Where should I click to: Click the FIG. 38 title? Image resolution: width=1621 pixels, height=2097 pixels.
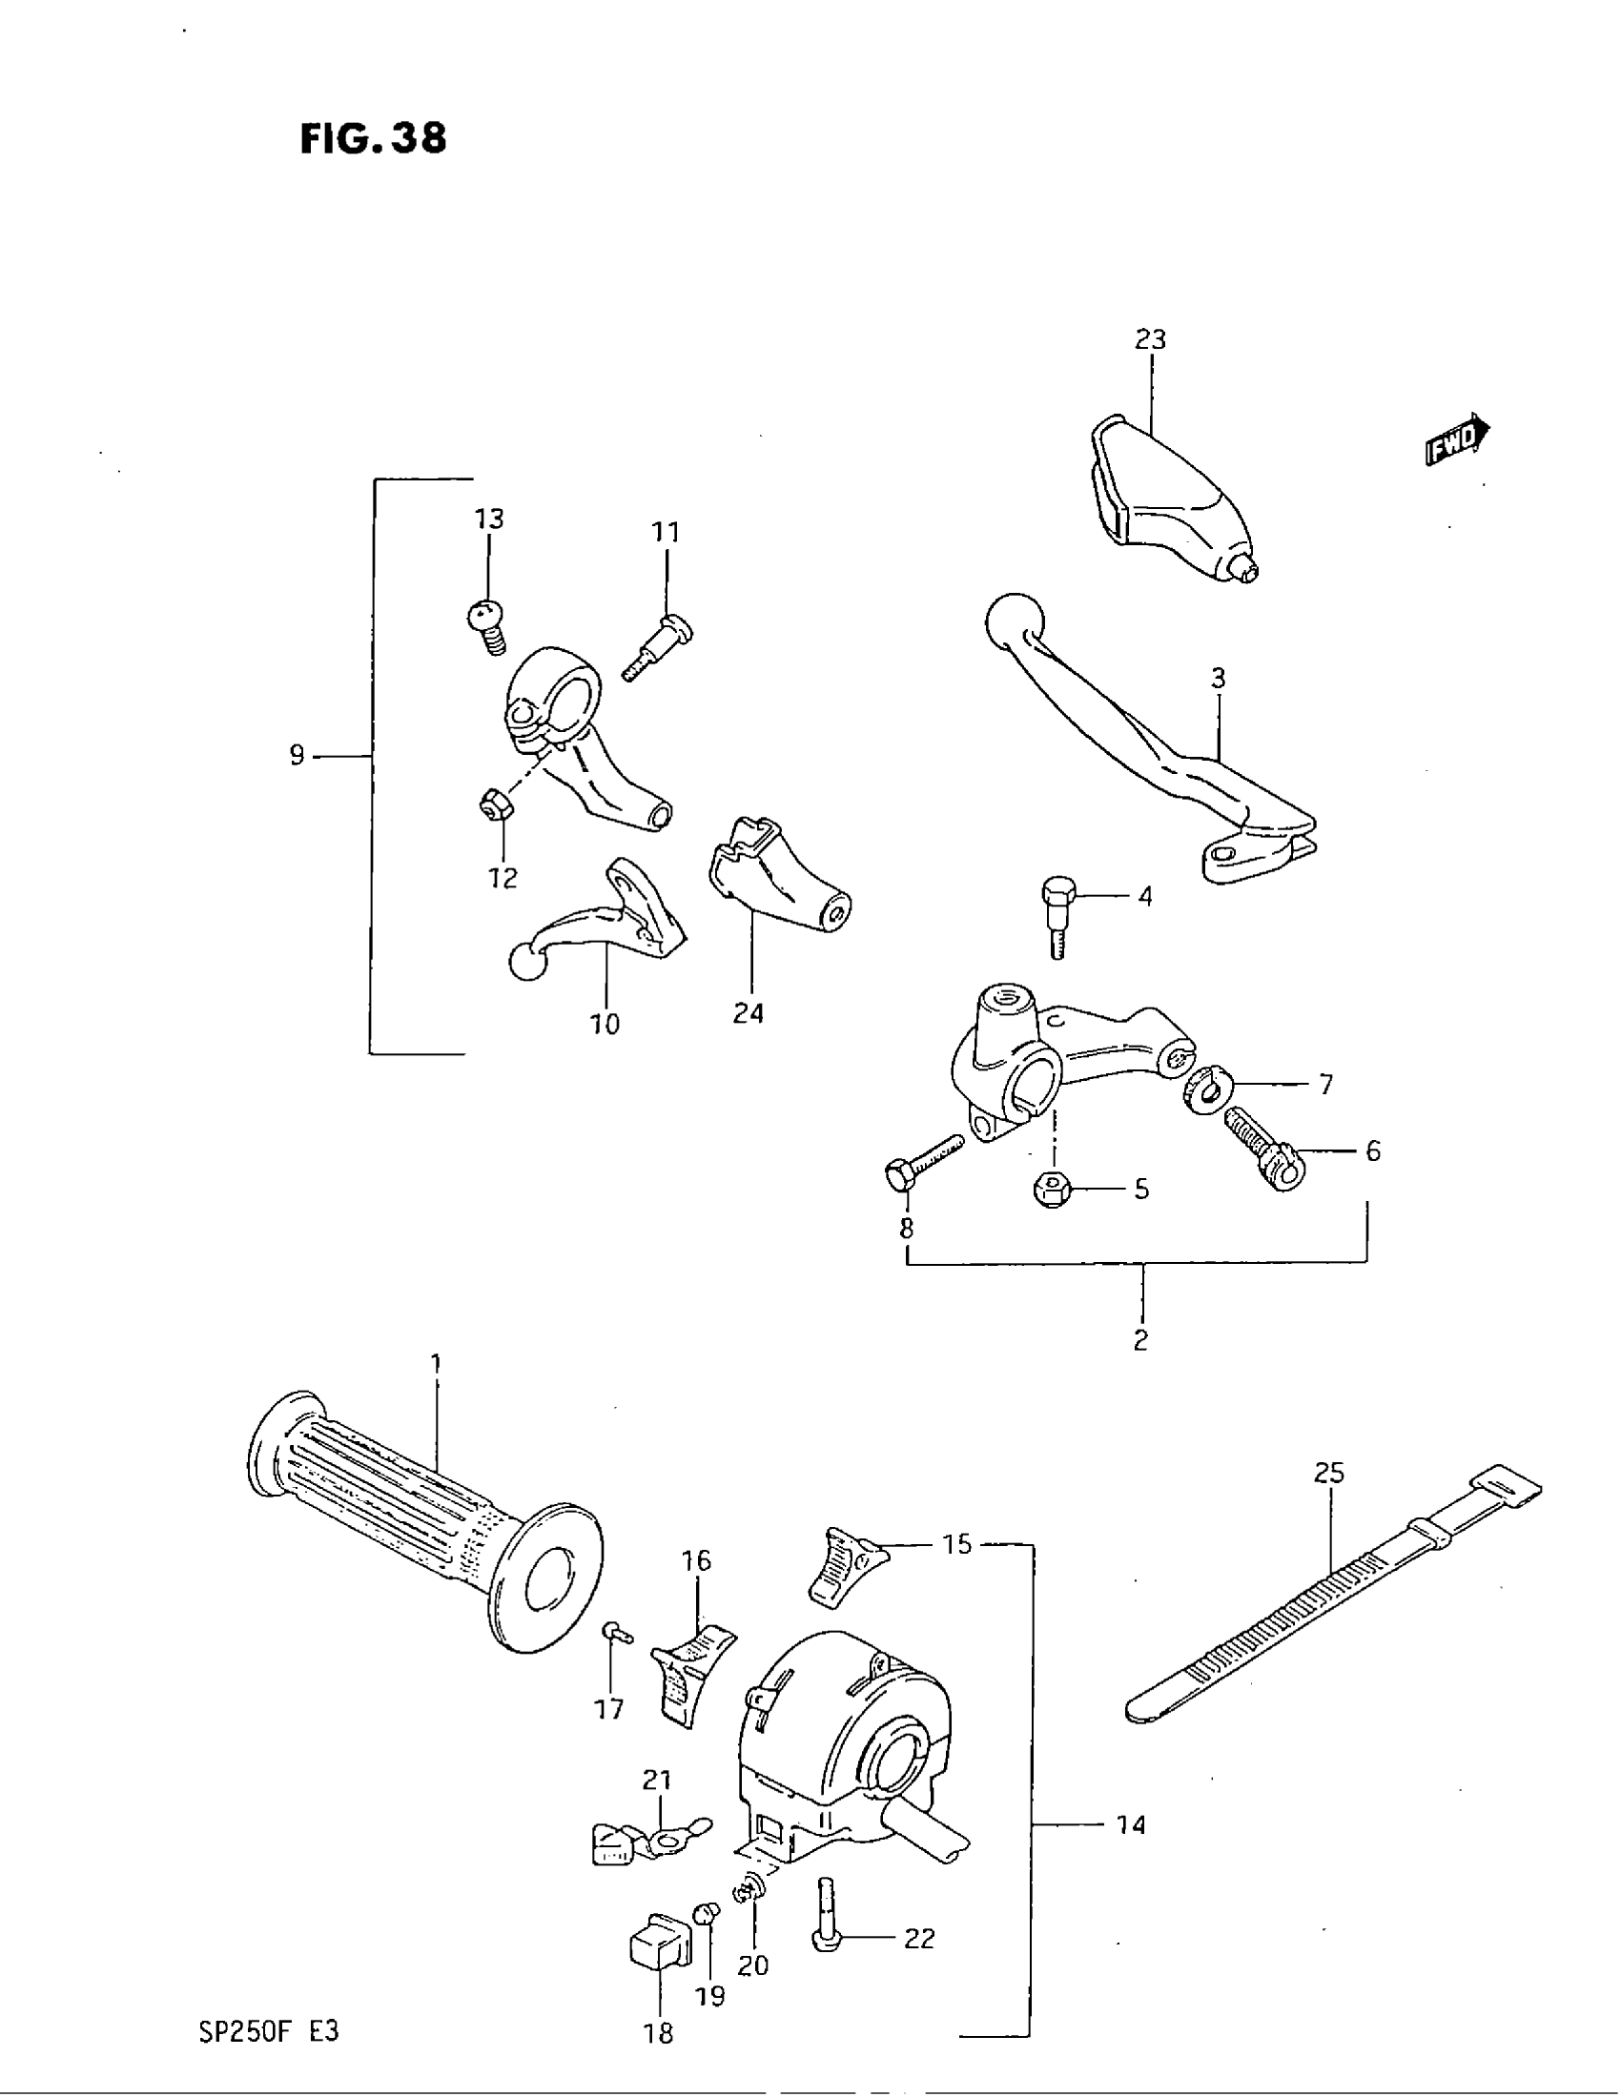click(373, 139)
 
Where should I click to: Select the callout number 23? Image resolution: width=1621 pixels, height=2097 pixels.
click(1150, 339)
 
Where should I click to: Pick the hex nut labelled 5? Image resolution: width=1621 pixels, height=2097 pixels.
click(1054, 1190)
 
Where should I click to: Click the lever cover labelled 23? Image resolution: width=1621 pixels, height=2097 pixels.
click(1172, 499)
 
